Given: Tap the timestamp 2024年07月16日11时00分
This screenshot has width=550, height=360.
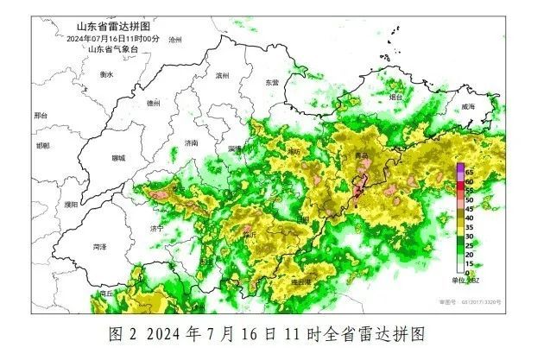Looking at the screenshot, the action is click(113, 40).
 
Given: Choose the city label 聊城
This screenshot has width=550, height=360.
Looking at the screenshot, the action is click(118, 158).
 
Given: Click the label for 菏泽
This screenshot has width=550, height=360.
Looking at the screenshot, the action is click(99, 247).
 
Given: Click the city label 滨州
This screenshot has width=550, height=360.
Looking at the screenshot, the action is click(223, 76).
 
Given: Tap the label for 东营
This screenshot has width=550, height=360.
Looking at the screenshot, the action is click(272, 82).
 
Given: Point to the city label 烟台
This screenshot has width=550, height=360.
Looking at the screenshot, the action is click(396, 98).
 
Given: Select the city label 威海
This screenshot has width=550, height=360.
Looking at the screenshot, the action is click(468, 107).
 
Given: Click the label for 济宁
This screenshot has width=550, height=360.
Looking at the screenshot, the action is click(156, 229).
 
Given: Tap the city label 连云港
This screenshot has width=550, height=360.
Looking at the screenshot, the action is click(300, 282).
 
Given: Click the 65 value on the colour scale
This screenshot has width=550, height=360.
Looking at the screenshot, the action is click(471, 173).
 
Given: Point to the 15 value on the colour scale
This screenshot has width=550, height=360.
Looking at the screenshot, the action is click(471, 263).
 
